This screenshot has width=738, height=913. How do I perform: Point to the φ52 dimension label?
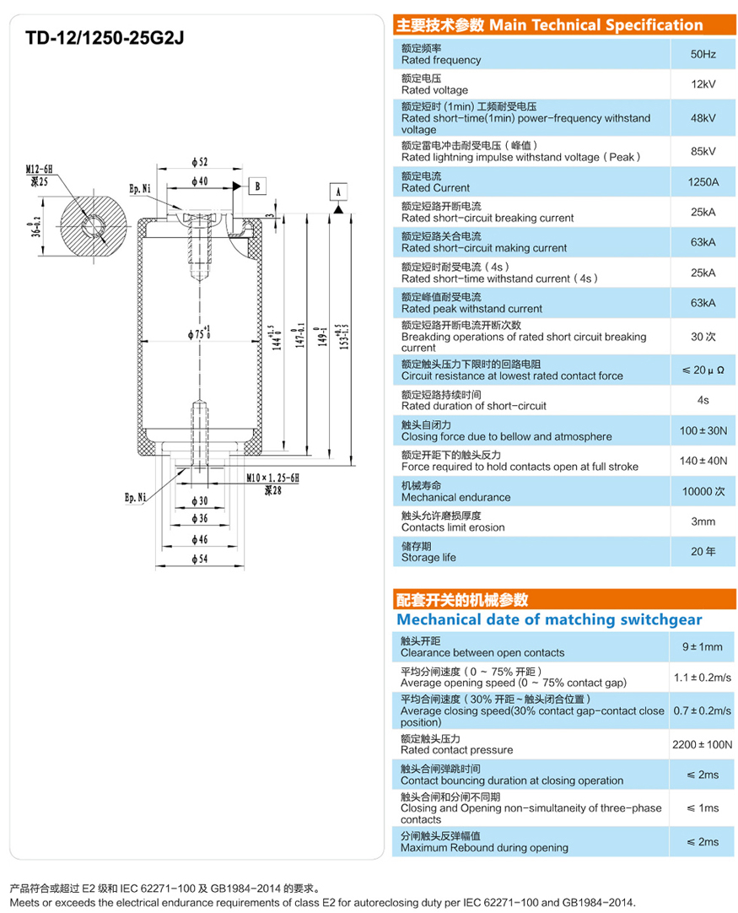(200, 162)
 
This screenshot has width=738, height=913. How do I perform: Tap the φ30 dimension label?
(200, 501)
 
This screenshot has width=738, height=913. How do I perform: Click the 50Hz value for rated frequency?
(703, 54)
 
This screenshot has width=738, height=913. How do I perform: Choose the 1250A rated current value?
(703, 181)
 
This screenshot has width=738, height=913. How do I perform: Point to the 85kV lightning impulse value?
(703, 151)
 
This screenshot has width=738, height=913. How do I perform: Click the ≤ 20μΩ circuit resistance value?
(703, 370)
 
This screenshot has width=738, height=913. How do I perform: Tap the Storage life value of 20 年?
(703, 552)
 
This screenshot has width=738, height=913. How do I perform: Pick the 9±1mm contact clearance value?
(703, 646)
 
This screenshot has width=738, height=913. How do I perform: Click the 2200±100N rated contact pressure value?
(703, 743)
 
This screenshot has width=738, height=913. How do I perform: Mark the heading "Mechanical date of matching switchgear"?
(548, 619)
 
